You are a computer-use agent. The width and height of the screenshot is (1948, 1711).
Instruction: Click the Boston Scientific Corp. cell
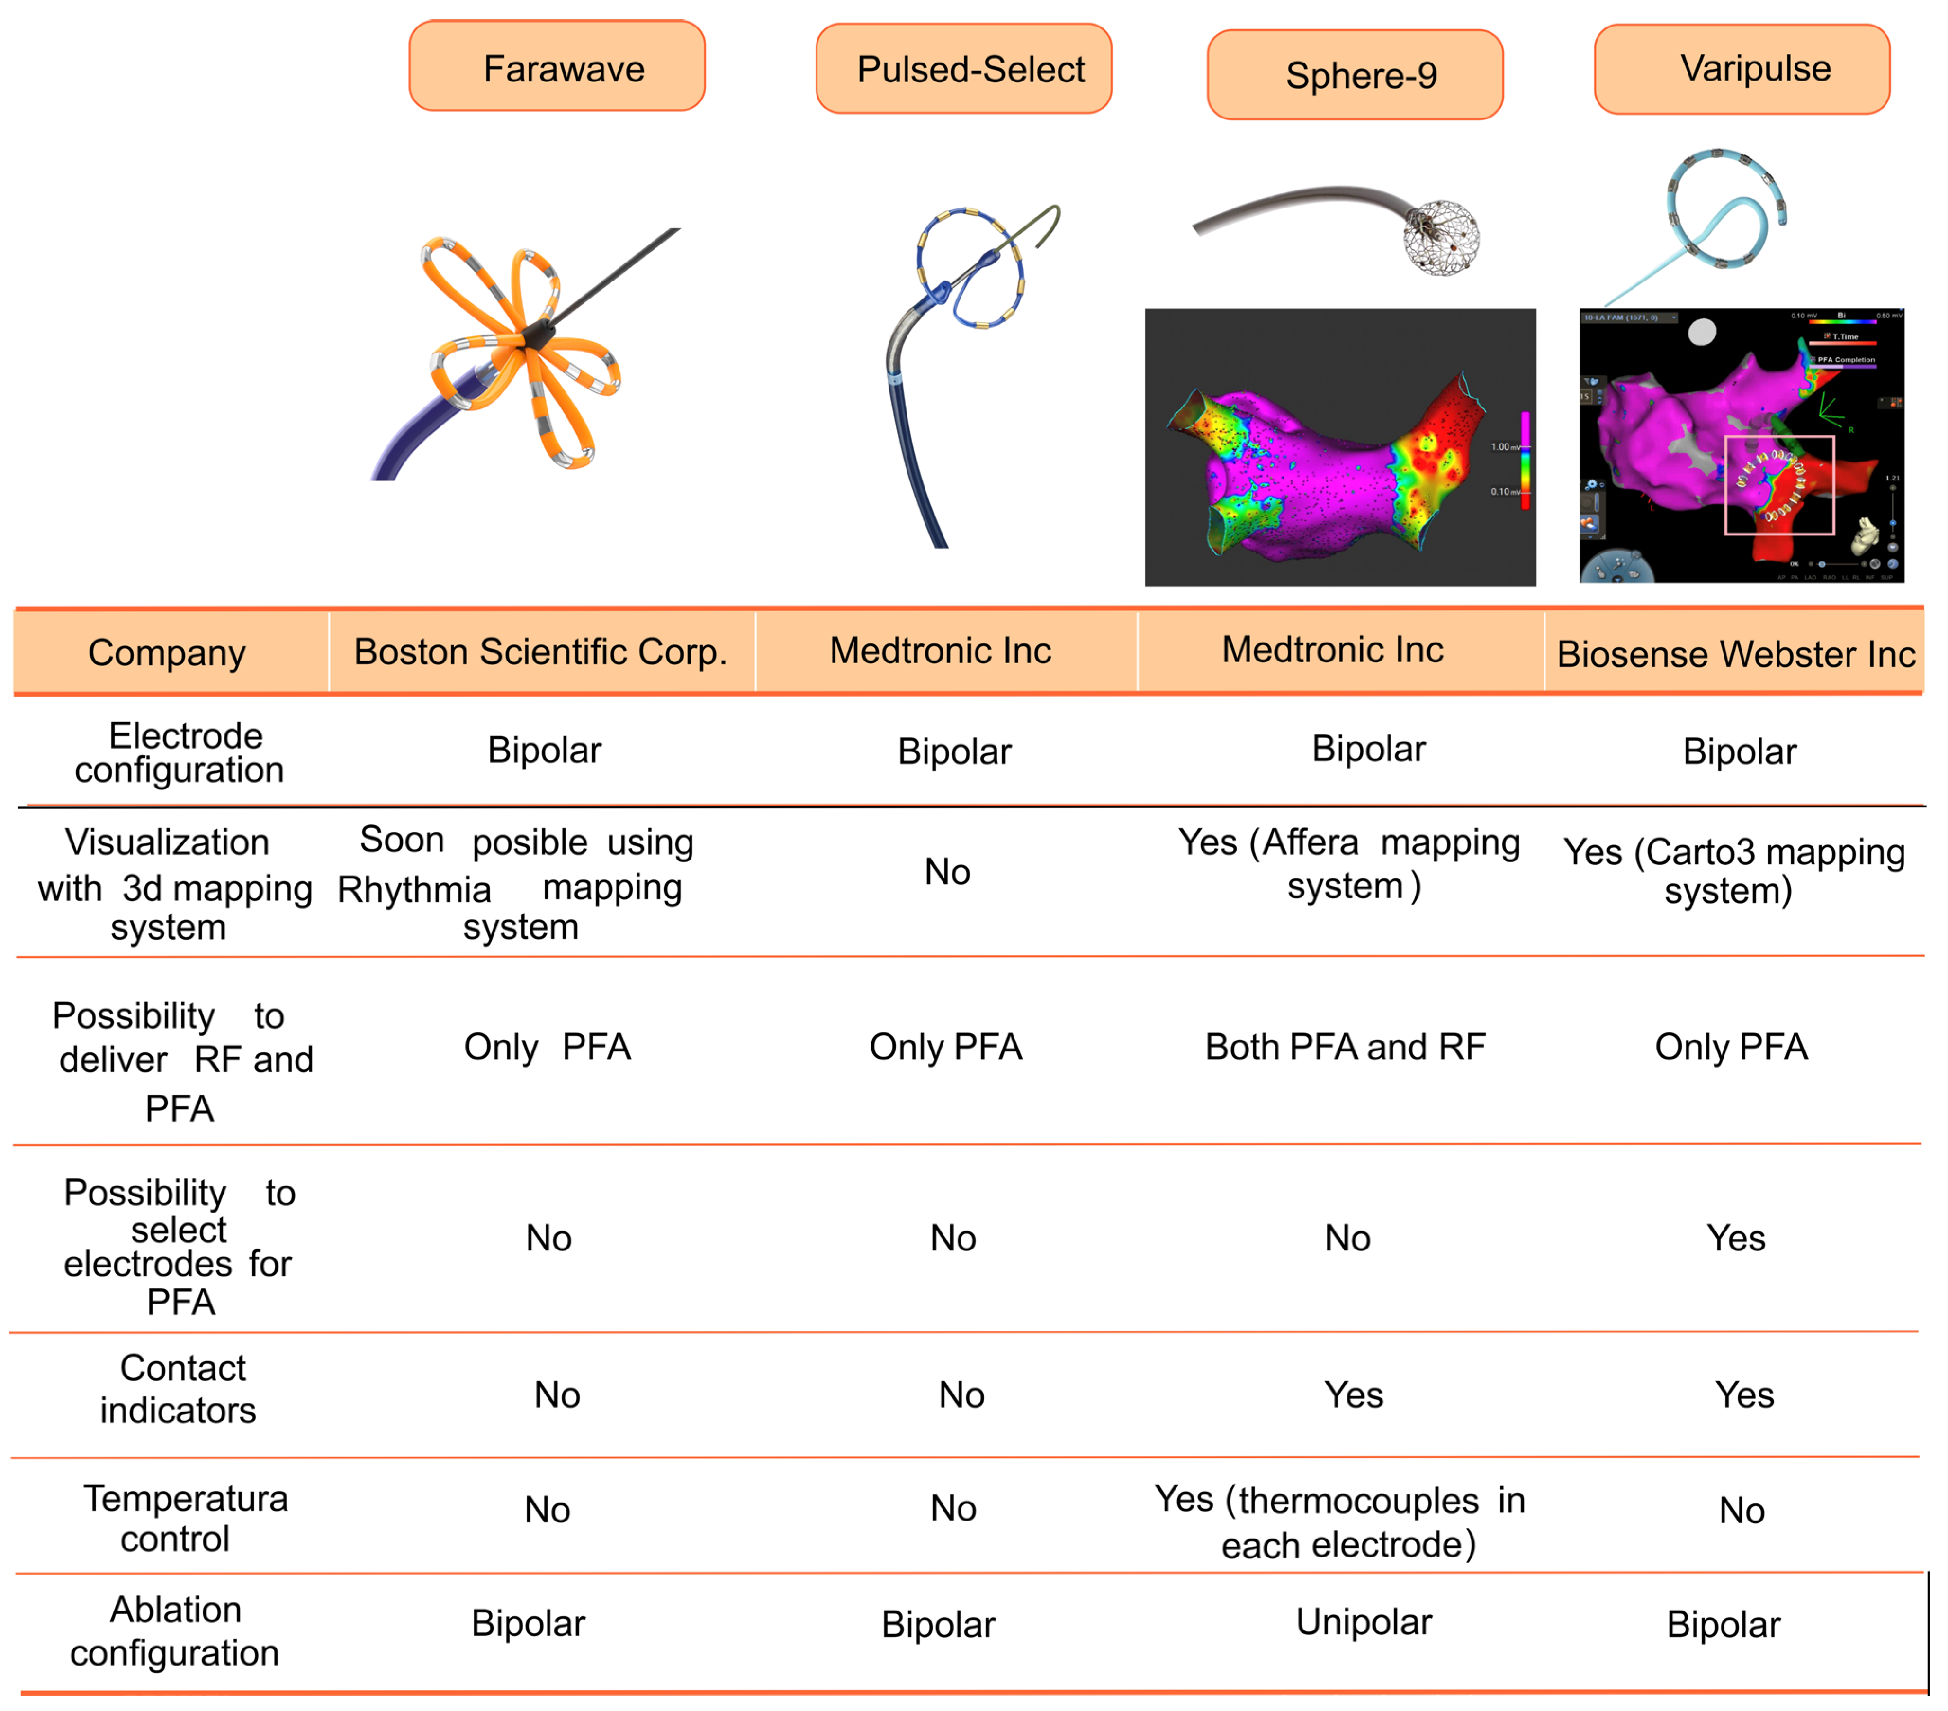coord(540,652)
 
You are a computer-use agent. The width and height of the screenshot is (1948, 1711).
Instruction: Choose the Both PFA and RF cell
coord(1345,1047)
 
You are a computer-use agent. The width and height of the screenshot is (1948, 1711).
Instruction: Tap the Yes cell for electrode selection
coord(1735,1238)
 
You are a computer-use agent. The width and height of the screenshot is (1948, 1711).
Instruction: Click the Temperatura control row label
coord(183,1519)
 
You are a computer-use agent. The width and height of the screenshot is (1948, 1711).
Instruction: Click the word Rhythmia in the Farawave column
coord(414,889)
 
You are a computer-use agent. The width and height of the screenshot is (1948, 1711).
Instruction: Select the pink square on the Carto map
coord(1778,484)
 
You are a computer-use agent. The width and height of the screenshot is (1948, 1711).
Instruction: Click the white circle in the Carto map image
coord(1702,332)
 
